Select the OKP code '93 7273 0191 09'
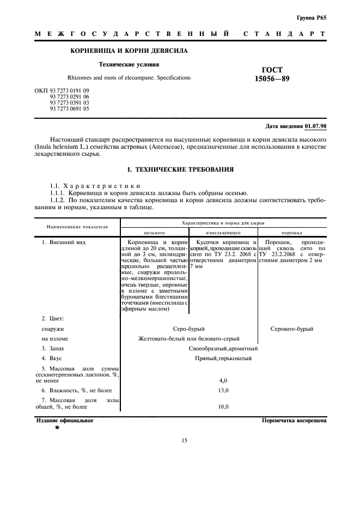pyautogui.click(x=70, y=89)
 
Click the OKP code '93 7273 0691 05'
pyautogui.click(x=70, y=109)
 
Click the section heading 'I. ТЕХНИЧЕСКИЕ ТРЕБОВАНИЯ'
pyautogui.click(x=180, y=169)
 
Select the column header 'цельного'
pyautogui.click(x=154, y=232)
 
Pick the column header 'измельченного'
pyautogui.click(x=223, y=232)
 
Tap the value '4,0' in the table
pyautogui.click(x=223, y=380)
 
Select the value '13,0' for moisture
pyautogui.click(x=223, y=391)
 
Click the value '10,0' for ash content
pyautogui.click(x=223, y=406)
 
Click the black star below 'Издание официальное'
pyautogui.click(x=57, y=428)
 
